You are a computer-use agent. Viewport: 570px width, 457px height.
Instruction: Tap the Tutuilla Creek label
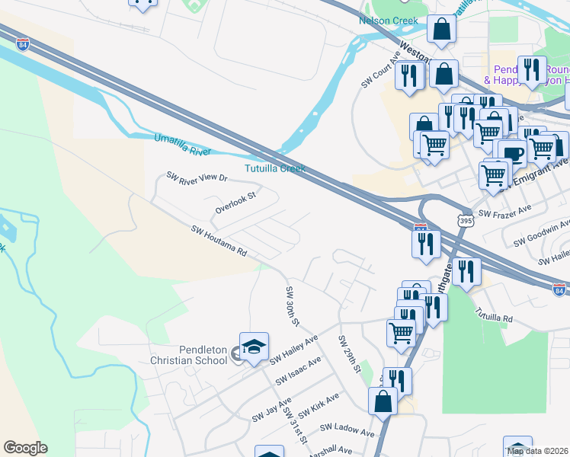point(275,168)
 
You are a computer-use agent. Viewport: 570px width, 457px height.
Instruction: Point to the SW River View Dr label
point(197,177)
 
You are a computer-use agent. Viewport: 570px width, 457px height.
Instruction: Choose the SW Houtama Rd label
point(219,240)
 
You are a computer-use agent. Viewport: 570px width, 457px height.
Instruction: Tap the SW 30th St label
point(290,306)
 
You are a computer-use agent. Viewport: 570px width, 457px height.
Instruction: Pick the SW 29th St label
point(348,354)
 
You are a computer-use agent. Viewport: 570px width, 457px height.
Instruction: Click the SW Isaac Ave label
point(299,369)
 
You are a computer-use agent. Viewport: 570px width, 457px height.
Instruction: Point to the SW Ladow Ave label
point(347,430)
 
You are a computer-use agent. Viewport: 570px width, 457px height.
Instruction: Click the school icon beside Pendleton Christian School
point(254,346)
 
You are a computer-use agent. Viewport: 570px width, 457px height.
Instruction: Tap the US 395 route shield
point(464,220)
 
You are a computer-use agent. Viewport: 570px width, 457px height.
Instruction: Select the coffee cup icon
point(513,153)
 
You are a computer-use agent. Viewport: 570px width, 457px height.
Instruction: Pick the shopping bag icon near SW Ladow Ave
point(383,401)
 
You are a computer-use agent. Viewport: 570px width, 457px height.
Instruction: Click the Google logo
point(25,448)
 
